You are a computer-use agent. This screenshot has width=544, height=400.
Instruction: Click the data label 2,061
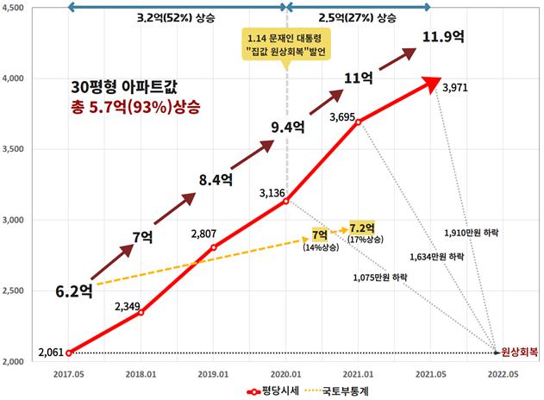[52, 353]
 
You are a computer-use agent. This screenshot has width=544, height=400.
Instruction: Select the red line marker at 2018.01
[141, 312]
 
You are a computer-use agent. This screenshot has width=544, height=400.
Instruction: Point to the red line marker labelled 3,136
[285, 201]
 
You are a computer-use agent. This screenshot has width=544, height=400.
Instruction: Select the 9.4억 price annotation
[289, 128]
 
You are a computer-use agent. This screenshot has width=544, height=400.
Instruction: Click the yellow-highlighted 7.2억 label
[363, 228]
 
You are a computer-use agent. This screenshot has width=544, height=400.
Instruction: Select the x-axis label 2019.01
[213, 375]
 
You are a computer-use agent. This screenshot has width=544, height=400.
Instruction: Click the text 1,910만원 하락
[472, 233]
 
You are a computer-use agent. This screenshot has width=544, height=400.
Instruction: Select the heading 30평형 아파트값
[126, 86]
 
